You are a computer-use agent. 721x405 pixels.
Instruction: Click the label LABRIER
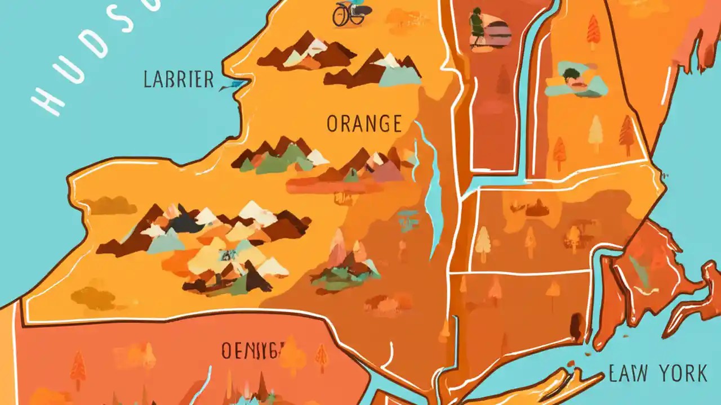[x=179, y=79]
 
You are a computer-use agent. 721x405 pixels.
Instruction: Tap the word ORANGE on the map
[x=364, y=123]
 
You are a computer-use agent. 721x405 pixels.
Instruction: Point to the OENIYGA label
[x=251, y=350]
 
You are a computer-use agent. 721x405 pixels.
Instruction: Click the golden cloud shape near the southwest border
[x=94, y=298]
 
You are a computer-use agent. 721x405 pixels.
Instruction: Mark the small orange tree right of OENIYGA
[x=322, y=355]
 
